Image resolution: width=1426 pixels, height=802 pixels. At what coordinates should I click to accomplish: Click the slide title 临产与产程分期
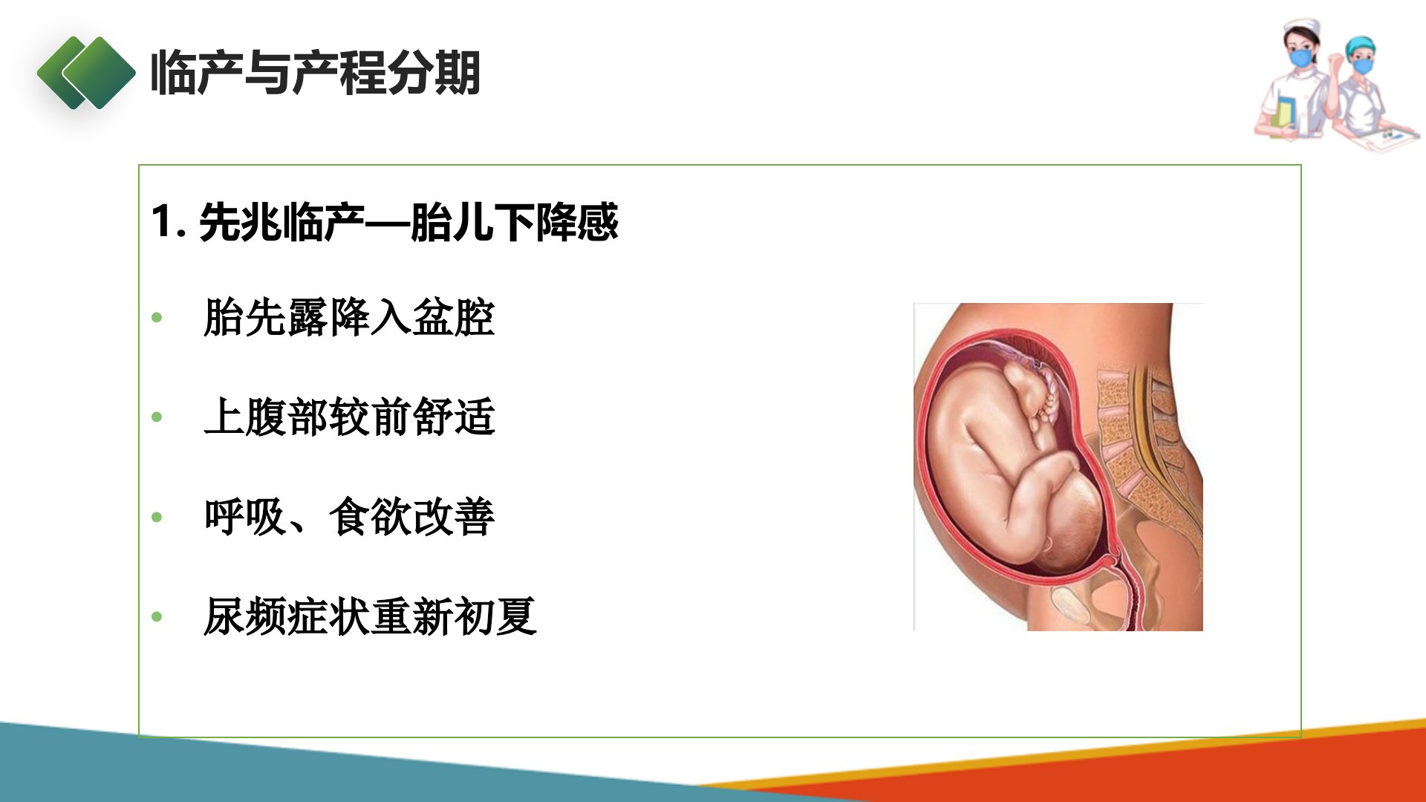point(316,73)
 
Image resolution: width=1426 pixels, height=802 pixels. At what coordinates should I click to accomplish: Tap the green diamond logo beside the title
point(87,73)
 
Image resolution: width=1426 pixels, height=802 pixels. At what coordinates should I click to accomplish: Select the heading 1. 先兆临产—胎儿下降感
point(385,221)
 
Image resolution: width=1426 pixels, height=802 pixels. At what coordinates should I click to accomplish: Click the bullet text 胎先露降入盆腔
point(349,318)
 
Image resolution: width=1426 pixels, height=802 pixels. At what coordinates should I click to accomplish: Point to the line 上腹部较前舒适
point(349,417)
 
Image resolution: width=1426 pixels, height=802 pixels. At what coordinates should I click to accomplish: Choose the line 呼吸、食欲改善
point(349,517)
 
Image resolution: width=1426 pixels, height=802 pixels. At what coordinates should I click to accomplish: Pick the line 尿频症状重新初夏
point(370,616)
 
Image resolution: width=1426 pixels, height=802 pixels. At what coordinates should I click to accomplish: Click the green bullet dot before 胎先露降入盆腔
point(157,318)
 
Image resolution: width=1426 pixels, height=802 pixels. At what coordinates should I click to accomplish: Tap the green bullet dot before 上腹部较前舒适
point(157,417)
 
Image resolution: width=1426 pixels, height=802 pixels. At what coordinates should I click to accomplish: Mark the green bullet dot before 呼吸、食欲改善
point(157,517)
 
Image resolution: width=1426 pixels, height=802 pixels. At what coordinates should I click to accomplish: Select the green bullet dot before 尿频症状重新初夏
point(157,616)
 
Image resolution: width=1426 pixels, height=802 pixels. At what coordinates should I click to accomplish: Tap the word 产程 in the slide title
point(339,73)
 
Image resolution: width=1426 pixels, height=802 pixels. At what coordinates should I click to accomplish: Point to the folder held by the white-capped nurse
point(1281,119)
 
